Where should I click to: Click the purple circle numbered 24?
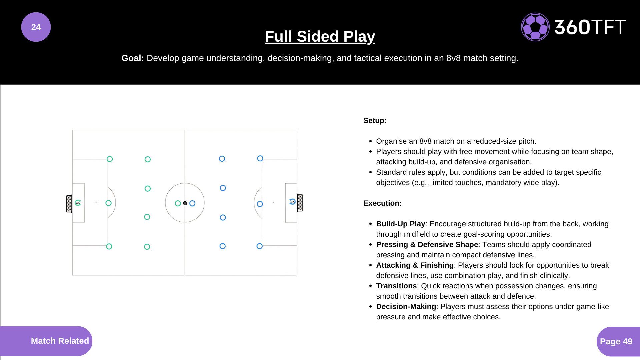click(36, 27)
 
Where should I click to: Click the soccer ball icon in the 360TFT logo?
click(535, 27)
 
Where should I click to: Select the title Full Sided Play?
click(320, 36)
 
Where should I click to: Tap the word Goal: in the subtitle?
click(132, 58)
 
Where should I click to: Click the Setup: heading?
click(375, 121)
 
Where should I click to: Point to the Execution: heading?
click(382, 203)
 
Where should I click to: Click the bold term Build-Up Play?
click(400, 224)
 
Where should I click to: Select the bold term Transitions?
click(396, 286)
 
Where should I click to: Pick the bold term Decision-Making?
click(406, 307)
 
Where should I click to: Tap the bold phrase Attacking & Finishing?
click(415, 265)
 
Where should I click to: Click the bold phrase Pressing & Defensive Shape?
click(427, 245)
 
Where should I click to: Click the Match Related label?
click(60, 341)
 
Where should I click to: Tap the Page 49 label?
click(616, 341)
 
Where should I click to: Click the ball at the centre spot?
click(185, 203)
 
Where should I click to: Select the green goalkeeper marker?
click(78, 203)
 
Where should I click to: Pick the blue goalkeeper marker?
click(292, 202)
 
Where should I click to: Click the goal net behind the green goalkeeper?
click(69, 204)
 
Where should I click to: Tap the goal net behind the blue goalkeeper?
click(300, 203)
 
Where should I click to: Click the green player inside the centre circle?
click(178, 203)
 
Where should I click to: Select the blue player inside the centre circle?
click(192, 203)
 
